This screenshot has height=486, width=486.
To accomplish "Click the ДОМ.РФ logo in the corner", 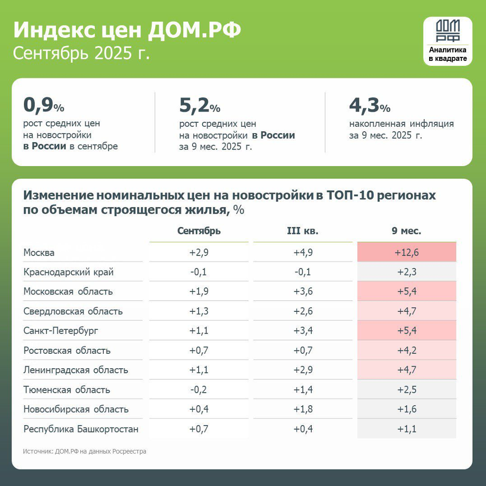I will pos(448,41).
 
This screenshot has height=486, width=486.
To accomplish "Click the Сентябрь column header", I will pos(199,231).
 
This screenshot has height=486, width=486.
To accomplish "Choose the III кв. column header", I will pos(302,231).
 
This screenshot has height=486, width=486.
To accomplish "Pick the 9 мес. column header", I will pos(406,231).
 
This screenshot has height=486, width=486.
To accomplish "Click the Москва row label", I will pos(39,252).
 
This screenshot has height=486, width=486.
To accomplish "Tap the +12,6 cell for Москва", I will pos(406,252).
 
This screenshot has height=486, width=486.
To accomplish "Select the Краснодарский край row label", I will pos(68,272).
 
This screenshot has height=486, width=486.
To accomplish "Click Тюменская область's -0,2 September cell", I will pos(199,390).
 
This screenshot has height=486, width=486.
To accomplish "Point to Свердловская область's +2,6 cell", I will pos(303,311).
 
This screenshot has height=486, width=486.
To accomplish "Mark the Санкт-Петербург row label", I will pos(60,331).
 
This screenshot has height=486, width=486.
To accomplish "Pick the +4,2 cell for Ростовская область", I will pos(406,350).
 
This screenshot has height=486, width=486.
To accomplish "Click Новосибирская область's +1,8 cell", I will pos(303,409).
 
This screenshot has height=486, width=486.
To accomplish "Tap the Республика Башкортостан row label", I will pos(81,429).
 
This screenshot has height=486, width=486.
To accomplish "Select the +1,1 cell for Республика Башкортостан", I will pos(406,429).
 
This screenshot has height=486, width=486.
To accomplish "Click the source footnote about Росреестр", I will pos(84,452).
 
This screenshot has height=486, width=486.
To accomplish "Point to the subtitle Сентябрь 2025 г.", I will pos(81,53).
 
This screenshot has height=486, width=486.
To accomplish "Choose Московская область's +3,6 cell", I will pos(303,291).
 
